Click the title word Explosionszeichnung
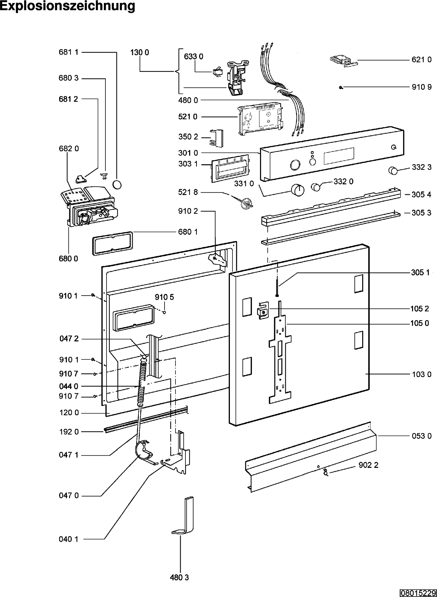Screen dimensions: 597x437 point(68,6)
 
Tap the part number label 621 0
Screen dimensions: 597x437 point(421,60)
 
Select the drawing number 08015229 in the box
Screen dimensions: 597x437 point(418,592)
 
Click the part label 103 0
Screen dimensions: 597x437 point(421,374)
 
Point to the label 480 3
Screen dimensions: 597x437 point(179,578)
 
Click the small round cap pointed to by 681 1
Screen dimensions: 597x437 point(116,184)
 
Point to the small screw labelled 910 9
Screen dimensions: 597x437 point(341,87)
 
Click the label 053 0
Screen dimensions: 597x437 point(421,436)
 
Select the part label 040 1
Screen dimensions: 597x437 point(69,539)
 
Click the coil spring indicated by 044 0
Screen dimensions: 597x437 point(142,383)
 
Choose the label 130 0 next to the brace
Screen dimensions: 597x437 point(140,52)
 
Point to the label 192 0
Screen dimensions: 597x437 point(69,432)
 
